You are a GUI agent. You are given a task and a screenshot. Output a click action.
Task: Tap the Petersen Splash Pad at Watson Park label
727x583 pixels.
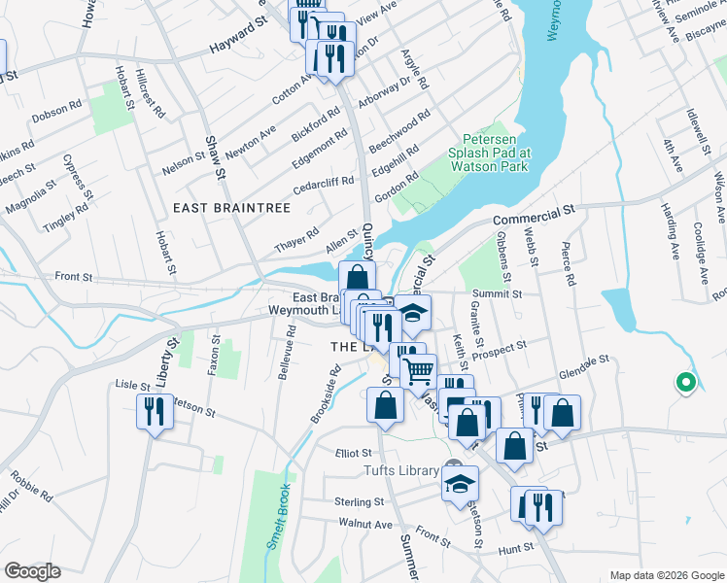[x=488, y=153]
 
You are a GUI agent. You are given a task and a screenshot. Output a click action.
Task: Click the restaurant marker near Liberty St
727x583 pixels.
[x=155, y=412]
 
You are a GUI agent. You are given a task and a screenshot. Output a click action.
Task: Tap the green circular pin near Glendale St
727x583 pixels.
[x=685, y=383]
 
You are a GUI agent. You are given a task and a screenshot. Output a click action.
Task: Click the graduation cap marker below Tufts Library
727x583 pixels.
[x=460, y=487]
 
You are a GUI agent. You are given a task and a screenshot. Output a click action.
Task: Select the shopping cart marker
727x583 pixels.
[x=418, y=372]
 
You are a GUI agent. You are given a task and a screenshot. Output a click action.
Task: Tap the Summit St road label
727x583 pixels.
[x=498, y=293]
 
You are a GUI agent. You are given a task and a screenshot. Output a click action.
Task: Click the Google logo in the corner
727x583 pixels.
[x=32, y=571]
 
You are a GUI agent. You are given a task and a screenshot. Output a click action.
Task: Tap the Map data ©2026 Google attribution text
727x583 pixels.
[x=666, y=575]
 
